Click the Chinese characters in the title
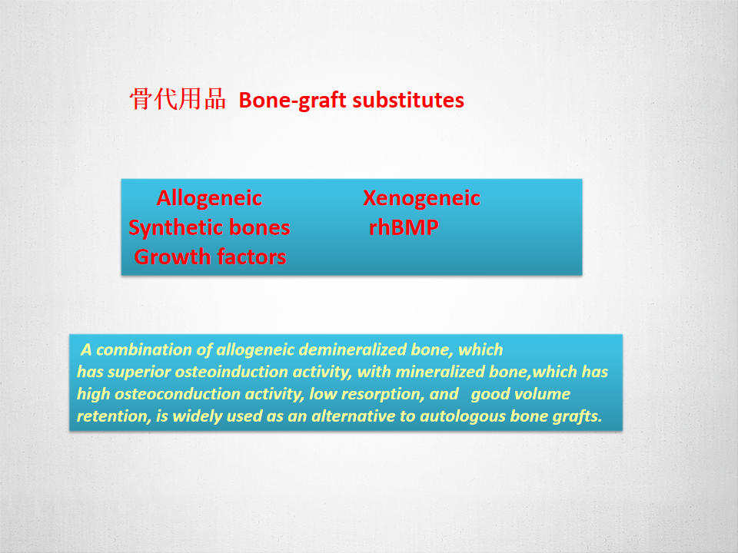(x=178, y=99)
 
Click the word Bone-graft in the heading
(x=293, y=101)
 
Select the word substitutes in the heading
(x=408, y=100)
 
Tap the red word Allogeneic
(x=209, y=198)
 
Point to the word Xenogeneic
(x=422, y=198)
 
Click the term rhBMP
(x=404, y=227)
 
